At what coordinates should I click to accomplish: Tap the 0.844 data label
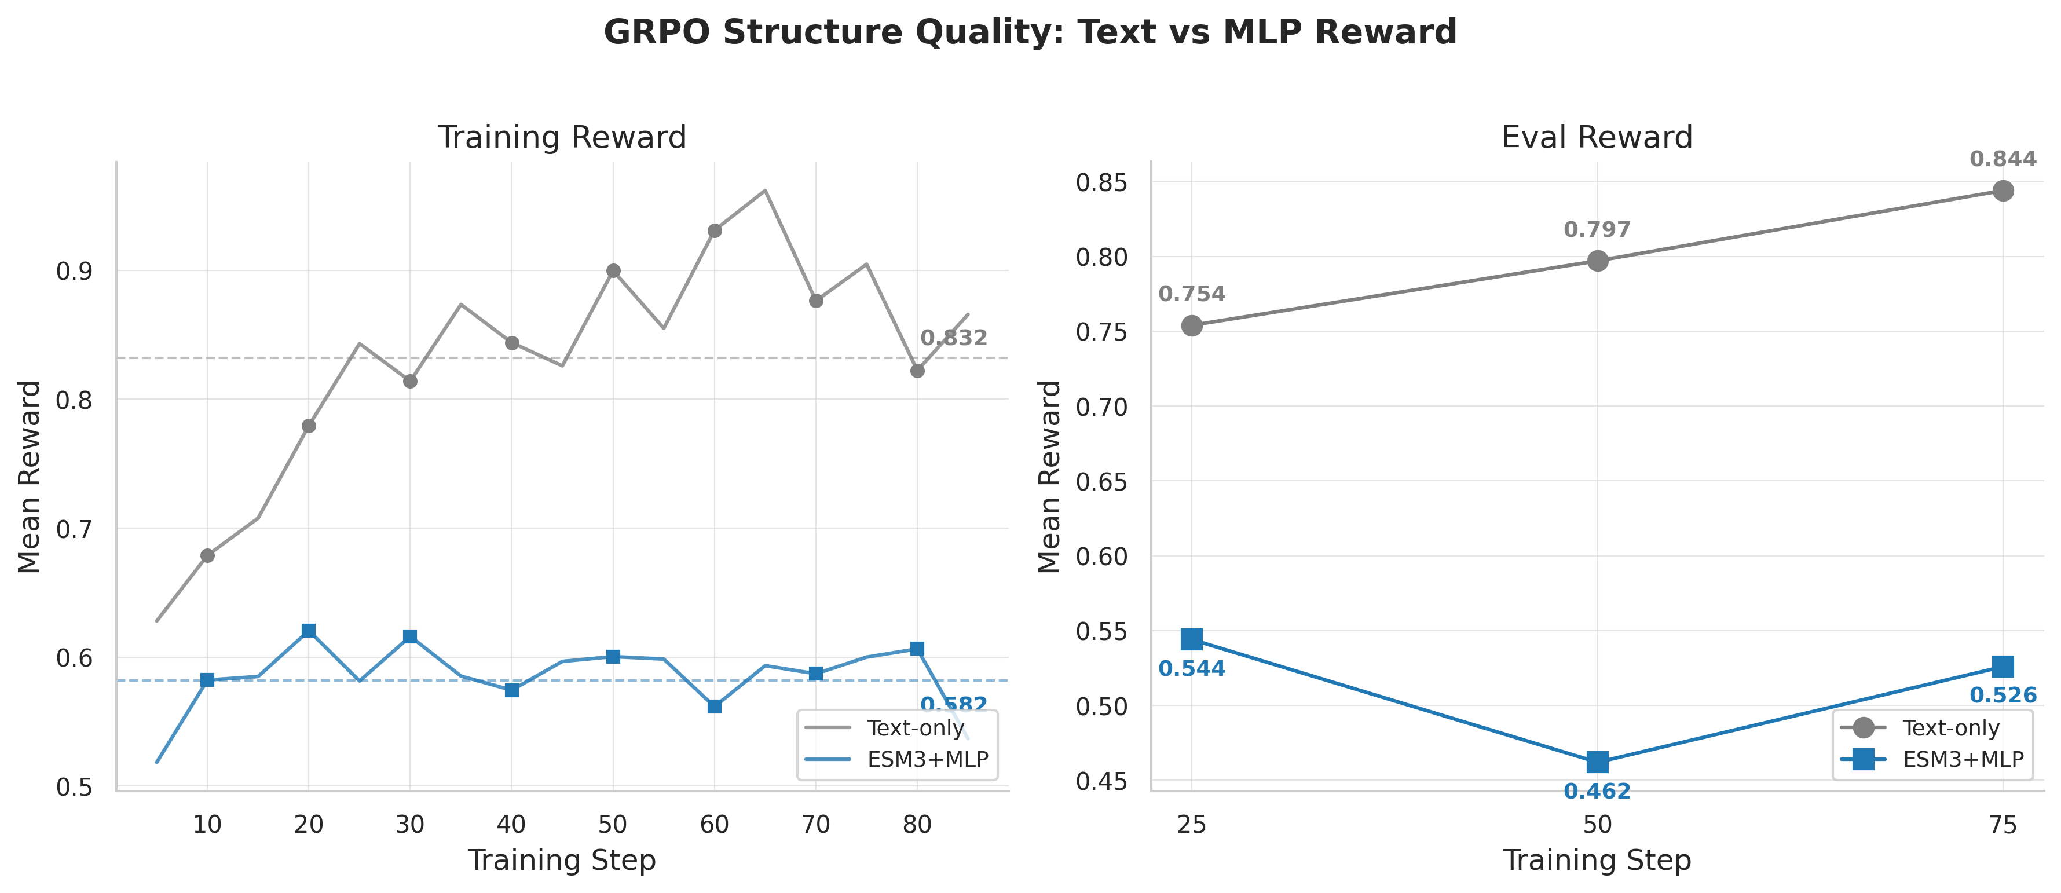[x=2003, y=159]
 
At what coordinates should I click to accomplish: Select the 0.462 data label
[x=1597, y=792]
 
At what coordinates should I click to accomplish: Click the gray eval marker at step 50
[x=1597, y=261]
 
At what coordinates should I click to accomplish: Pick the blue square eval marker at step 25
[x=1191, y=639]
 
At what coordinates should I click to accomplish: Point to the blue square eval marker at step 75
[x=2003, y=667]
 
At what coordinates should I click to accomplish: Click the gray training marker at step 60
[x=715, y=230]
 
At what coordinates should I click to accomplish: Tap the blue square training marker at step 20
[x=309, y=631]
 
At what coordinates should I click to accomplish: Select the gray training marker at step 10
[x=207, y=555]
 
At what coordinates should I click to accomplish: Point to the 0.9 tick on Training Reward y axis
[x=74, y=271]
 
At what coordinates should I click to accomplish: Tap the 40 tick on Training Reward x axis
[x=511, y=824]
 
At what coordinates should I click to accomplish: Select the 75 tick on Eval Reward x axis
[x=2003, y=824]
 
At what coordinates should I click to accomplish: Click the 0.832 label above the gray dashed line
[x=954, y=338]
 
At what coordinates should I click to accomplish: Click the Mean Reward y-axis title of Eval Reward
[x=1049, y=477]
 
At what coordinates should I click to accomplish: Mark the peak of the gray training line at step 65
[x=765, y=191]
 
